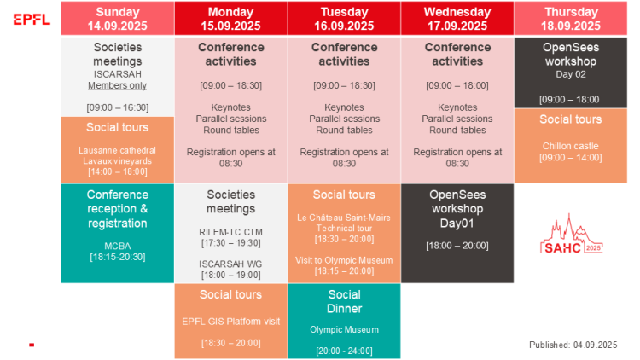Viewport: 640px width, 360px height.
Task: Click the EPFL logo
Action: pos(32,19)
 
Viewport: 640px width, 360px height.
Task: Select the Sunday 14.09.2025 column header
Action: pos(118,19)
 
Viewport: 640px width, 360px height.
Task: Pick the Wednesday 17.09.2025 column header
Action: pos(457,19)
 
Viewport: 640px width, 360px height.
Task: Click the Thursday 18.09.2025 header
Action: pos(571,19)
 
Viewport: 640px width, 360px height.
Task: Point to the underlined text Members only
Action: pos(117,85)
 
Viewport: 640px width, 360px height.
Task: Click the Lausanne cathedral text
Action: pos(117,150)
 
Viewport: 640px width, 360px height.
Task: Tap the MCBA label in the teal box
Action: pos(118,247)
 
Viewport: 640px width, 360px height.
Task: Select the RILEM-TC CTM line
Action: pos(230,232)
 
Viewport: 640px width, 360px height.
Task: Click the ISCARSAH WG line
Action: pos(230,264)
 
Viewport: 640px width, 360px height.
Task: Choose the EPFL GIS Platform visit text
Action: pos(231,322)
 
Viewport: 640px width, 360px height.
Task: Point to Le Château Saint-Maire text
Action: pos(344,218)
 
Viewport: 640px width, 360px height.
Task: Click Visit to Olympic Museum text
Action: pos(344,260)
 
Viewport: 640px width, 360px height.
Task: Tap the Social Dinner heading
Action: pos(344,301)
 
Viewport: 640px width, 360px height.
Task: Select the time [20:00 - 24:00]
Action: pos(344,351)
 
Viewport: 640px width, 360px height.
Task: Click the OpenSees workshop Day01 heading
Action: pos(457,208)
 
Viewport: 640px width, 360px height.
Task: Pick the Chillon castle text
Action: pos(571,146)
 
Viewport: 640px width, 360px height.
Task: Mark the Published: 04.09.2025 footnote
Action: pos(573,345)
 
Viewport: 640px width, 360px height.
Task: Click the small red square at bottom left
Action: pos(32,345)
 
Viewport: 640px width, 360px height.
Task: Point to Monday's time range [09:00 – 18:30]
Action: pos(230,85)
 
